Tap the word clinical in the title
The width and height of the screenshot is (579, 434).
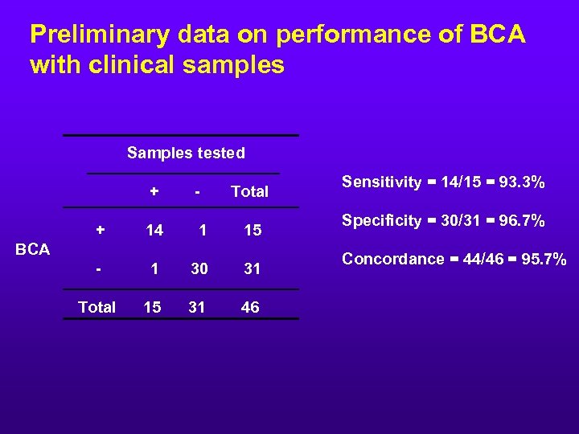142,65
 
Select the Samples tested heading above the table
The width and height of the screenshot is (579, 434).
186,153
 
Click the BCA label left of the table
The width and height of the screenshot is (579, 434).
33,249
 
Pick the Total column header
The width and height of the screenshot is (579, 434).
249,191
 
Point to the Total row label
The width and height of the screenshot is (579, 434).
96,307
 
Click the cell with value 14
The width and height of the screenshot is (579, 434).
154,231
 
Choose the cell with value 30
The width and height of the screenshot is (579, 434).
199,269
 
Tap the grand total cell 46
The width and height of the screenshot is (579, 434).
250,307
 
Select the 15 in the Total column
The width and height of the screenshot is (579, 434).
253,231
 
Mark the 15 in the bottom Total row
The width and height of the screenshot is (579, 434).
150,307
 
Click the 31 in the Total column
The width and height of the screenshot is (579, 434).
253,269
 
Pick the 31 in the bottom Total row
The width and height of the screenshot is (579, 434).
196,307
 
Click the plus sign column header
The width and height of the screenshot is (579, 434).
153,191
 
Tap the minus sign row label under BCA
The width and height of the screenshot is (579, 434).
98,269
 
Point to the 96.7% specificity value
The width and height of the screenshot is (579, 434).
523,221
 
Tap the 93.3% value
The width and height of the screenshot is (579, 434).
520,182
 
